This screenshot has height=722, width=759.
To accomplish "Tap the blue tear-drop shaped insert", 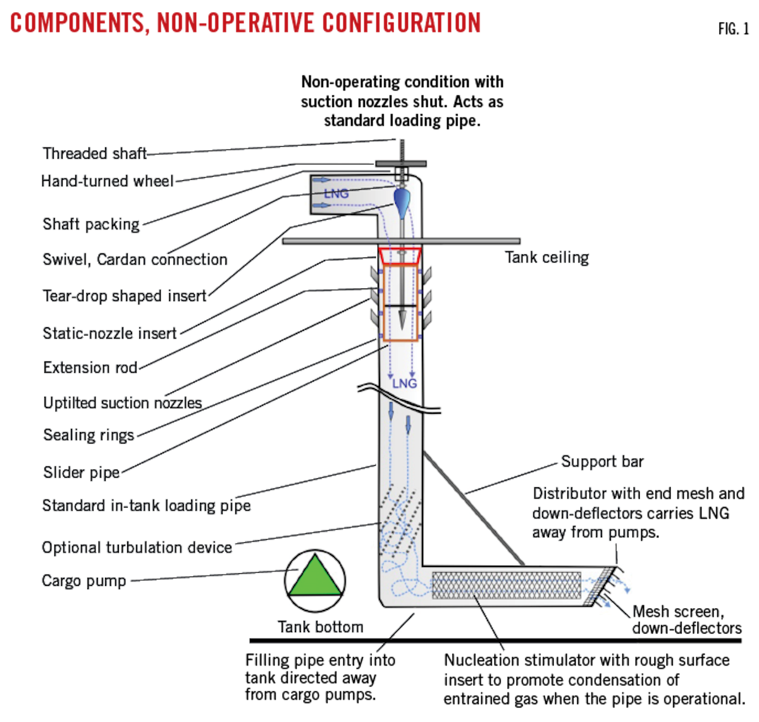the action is coord(402,202).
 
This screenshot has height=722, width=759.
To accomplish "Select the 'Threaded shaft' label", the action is coord(95,153).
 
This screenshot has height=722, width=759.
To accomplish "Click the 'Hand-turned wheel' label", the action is coord(108,181).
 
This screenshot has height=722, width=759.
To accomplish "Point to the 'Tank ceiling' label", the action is coord(546,258).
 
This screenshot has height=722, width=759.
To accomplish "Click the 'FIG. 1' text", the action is coord(734,29).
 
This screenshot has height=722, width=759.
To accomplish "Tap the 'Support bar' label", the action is coord(602,461).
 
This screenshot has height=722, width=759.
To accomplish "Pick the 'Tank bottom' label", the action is coord(321,626).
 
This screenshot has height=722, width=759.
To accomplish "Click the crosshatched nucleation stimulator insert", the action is coord(506,585).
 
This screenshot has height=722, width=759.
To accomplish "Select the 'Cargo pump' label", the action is coord(83,581).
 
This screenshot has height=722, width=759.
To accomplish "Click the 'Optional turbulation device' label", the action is coord(137,547).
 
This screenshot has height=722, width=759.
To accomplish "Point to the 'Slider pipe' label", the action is coord(81,472).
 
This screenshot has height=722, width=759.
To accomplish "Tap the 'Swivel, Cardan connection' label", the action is coord(135,259).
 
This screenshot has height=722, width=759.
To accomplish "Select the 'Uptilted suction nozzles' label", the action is coord(122,403).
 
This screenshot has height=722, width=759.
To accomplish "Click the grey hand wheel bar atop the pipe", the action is coord(401,164).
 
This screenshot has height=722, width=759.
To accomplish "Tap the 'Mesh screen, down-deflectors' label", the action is coord(687,619).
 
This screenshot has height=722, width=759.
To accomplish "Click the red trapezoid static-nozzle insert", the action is coord(400,256).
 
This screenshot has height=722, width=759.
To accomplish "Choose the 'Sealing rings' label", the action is coord(89,435).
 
